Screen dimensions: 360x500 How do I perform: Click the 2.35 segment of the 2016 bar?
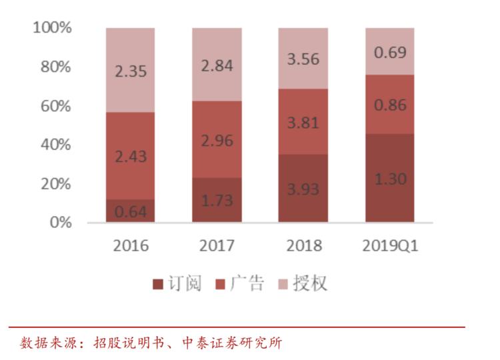[131, 70]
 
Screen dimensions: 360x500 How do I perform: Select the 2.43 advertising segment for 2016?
[131, 156]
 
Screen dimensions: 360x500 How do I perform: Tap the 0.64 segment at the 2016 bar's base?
[131, 211]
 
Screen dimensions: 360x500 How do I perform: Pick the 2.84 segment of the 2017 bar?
[217, 65]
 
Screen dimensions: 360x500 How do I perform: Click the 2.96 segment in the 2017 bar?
[217, 139]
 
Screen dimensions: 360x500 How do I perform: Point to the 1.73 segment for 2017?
[217, 199]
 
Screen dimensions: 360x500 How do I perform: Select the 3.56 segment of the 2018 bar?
[303, 59]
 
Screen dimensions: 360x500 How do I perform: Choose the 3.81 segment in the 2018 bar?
[303, 122]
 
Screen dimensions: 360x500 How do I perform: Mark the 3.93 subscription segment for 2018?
[303, 188]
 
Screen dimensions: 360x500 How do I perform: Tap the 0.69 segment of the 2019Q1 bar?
[389, 51]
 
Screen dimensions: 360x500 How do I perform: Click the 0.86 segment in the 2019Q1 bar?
[389, 104]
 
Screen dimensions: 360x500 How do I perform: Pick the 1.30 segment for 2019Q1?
[389, 178]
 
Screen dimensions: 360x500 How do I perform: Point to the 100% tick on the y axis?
[52, 28]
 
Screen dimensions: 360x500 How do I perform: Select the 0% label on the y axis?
[60, 223]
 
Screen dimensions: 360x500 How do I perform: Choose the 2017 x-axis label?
[217, 245]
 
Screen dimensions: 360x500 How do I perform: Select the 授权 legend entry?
[303, 284]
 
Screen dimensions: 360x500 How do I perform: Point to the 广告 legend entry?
[240, 284]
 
